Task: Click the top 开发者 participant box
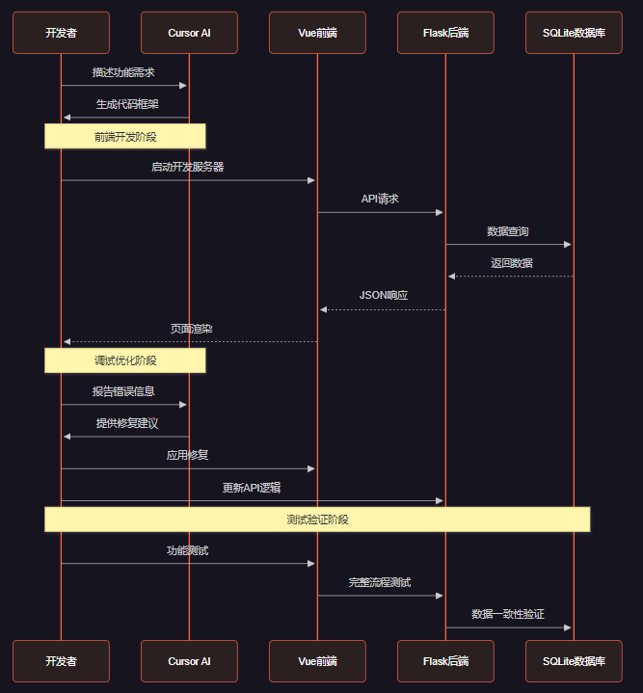(61, 33)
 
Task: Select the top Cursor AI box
(189, 33)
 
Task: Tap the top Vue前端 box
(317, 33)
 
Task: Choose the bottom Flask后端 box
(445, 661)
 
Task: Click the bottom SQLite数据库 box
(574, 661)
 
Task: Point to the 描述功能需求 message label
(124, 72)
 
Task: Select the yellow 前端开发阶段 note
(125, 136)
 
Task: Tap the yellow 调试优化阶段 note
(125, 360)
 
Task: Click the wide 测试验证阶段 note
(317, 520)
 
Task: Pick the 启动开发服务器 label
(188, 167)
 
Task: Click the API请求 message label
(380, 199)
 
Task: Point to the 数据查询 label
(508, 231)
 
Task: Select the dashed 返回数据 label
(511, 263)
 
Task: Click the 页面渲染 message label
(191, 329)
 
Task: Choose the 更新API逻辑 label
(252, 488)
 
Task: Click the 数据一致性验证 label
(508, 614)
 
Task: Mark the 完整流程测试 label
(380, 582)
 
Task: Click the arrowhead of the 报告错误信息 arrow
(183, 405)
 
